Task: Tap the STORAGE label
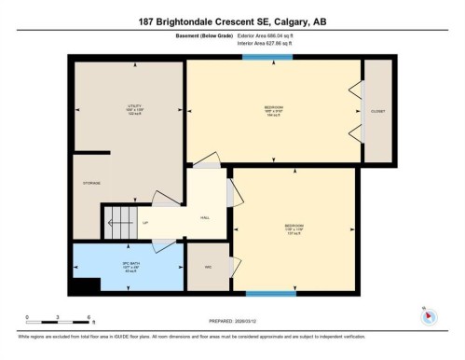[91, 184]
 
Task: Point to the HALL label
[205, 217]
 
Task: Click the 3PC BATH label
[129, 266]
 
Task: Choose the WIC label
[209, 267]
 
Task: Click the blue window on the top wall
[267, 58]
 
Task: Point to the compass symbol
[429, 314]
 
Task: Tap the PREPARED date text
[232, 312]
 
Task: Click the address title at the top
[232, 21]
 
